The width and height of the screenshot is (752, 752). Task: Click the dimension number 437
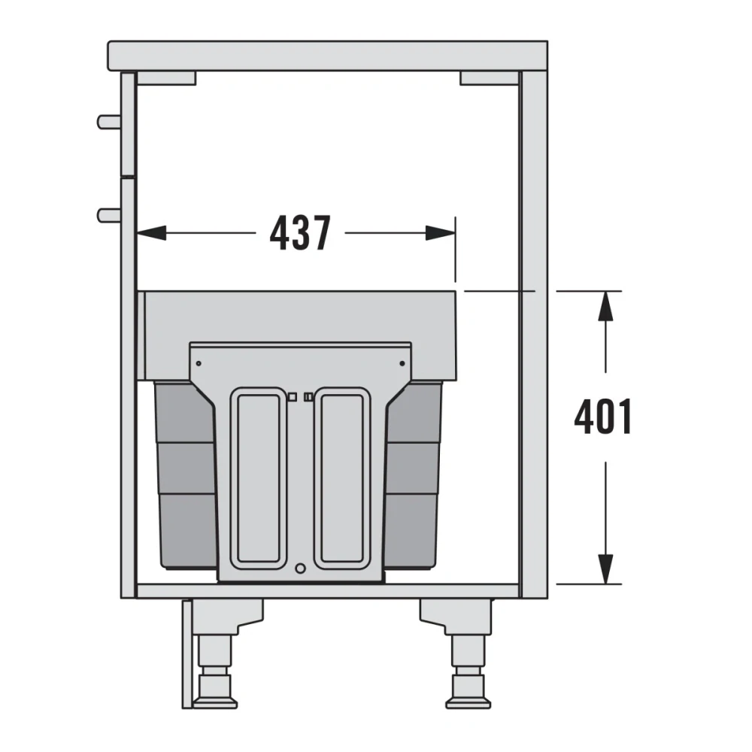(300, 233)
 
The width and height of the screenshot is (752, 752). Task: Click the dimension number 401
(603, 417)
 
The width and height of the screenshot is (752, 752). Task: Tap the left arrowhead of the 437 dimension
(152, 233)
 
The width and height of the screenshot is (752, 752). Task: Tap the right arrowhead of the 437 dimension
(440, 233)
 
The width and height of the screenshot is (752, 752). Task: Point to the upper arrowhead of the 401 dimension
(606, 306)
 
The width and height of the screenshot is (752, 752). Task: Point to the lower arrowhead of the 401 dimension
(606, 569)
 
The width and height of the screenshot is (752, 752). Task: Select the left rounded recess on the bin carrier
(259, 478)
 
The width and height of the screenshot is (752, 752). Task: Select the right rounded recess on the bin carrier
(342, 478)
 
